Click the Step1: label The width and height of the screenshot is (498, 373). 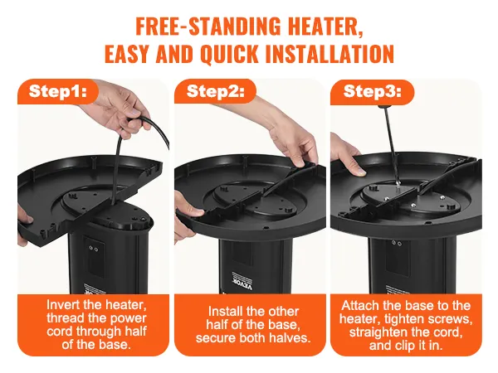[57, 91]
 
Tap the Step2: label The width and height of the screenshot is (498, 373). [215, 91]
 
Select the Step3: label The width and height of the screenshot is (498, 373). [372, 91]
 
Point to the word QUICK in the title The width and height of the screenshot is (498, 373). [230, 54]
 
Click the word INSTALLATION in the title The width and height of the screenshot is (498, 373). [330, 54]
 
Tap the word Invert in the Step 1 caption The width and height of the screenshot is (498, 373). [62, 304]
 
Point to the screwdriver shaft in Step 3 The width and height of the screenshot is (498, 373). [390, 142]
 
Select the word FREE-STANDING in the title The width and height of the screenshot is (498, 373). [208, 27]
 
